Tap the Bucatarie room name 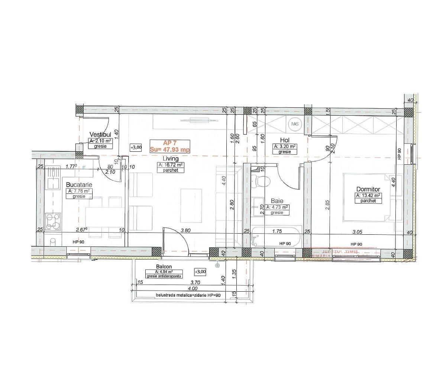[79, 185]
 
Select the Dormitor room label [368, 189]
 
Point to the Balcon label [164, 267]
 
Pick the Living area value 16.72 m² [171, 165]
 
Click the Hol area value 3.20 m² [285, 147]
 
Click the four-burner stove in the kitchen [53, 221]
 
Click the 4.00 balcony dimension [193, 289]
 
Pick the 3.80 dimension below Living [185, 230]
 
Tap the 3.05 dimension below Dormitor [358, 231]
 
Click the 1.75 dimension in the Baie [277, 231]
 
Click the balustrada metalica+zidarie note [188, 295]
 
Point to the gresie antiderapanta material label [164, 276]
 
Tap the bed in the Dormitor [368, 197]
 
